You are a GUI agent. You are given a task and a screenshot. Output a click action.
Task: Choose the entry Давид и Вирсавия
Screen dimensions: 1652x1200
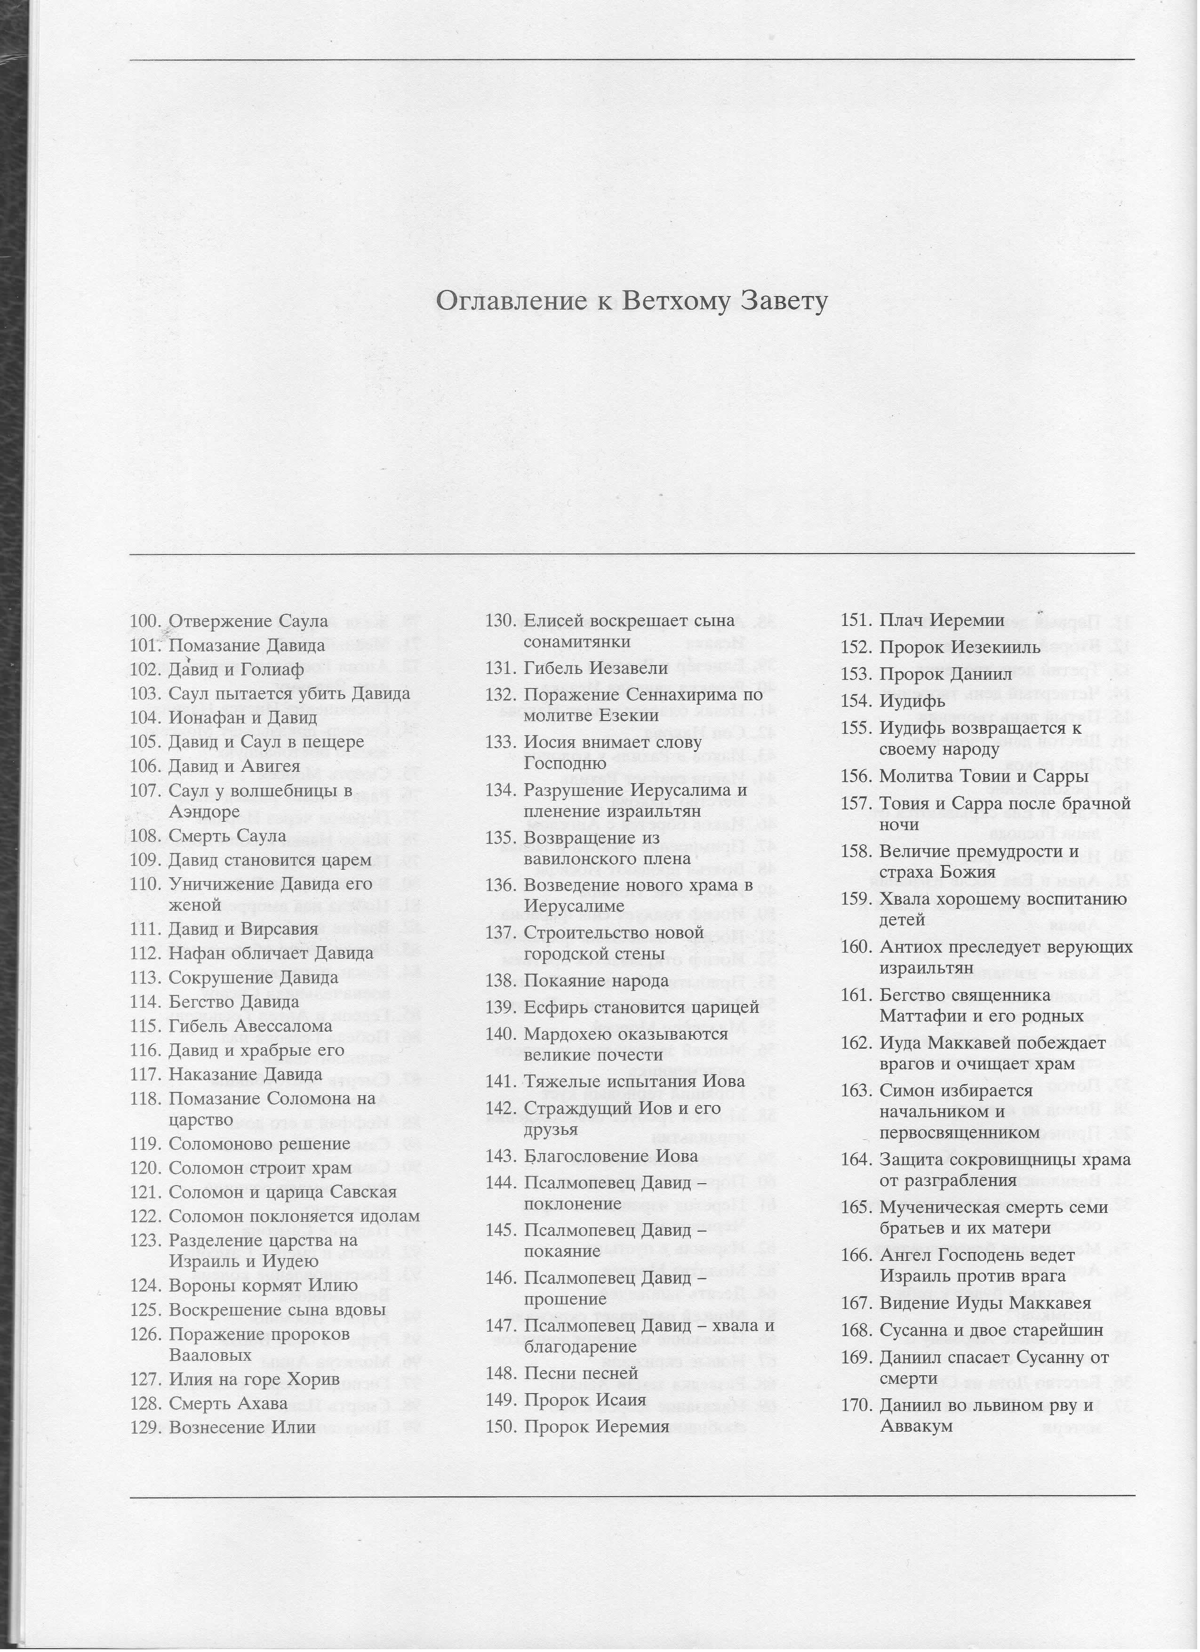click(243, 930)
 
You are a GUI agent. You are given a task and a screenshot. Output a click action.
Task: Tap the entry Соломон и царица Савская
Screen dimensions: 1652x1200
click(282, 1192)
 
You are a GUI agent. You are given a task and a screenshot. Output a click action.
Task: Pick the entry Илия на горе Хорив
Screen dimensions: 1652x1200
click(253, 1381)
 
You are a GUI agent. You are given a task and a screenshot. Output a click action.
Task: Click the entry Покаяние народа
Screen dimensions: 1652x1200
click(596, 980)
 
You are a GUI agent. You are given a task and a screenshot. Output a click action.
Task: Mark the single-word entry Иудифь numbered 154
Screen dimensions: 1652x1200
click(912, 701)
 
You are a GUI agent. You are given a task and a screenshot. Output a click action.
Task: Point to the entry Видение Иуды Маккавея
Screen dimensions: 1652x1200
click(985, 1303)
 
